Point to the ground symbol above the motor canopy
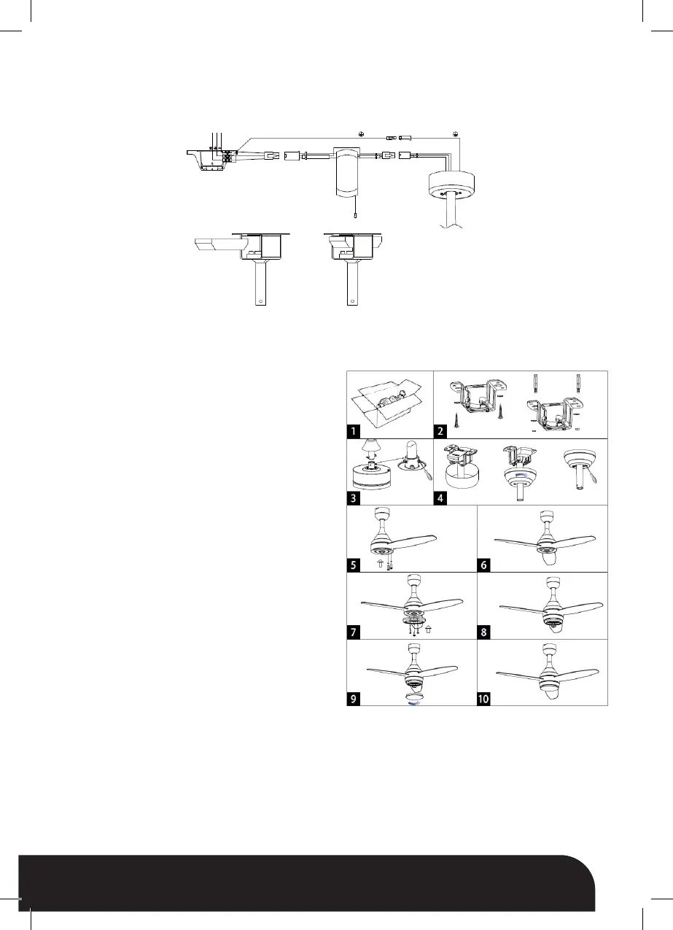pyautogui.click(x=455, y=134)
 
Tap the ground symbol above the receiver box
pyautogui.click(x=360, y=134)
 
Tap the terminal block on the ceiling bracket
pyautogui.click(x=228, y=155)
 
